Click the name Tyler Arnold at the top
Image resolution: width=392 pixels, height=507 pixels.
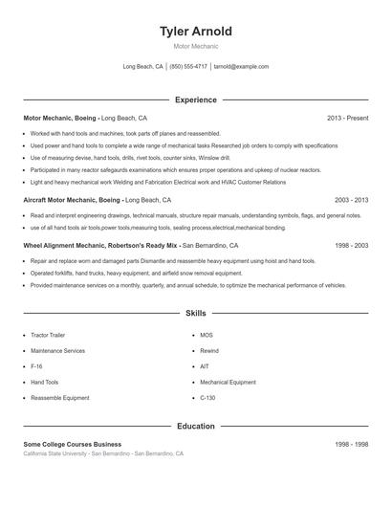[196, 32]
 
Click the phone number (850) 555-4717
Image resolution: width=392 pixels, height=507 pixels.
[189, 67]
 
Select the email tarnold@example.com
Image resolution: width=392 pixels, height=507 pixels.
[241, 67]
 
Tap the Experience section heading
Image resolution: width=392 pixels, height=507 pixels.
[196, 99]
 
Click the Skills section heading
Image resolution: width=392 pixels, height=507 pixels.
[196, 313]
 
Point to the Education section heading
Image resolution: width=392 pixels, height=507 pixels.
[196, 427]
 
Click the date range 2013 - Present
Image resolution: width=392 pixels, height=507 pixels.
[347, 118]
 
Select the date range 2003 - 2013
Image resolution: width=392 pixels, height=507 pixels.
[351, 201]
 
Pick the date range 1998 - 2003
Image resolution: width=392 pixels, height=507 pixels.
[351, 246]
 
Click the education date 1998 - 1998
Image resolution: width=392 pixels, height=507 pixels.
[351, 445]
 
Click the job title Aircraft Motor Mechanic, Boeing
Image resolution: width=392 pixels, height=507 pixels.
[73, 201]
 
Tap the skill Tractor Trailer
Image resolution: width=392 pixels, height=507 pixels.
[48, 336]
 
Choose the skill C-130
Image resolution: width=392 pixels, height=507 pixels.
[208, 397]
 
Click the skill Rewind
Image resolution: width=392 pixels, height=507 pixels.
[209, 351]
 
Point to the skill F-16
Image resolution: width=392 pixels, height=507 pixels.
[36, 366]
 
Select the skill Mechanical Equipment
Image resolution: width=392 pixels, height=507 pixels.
[229, 382]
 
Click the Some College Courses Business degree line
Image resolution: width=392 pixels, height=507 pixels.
[73, 445]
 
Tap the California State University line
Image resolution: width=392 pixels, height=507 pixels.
[103, 453]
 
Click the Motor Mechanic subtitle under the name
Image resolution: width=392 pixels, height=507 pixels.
[196, 46]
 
